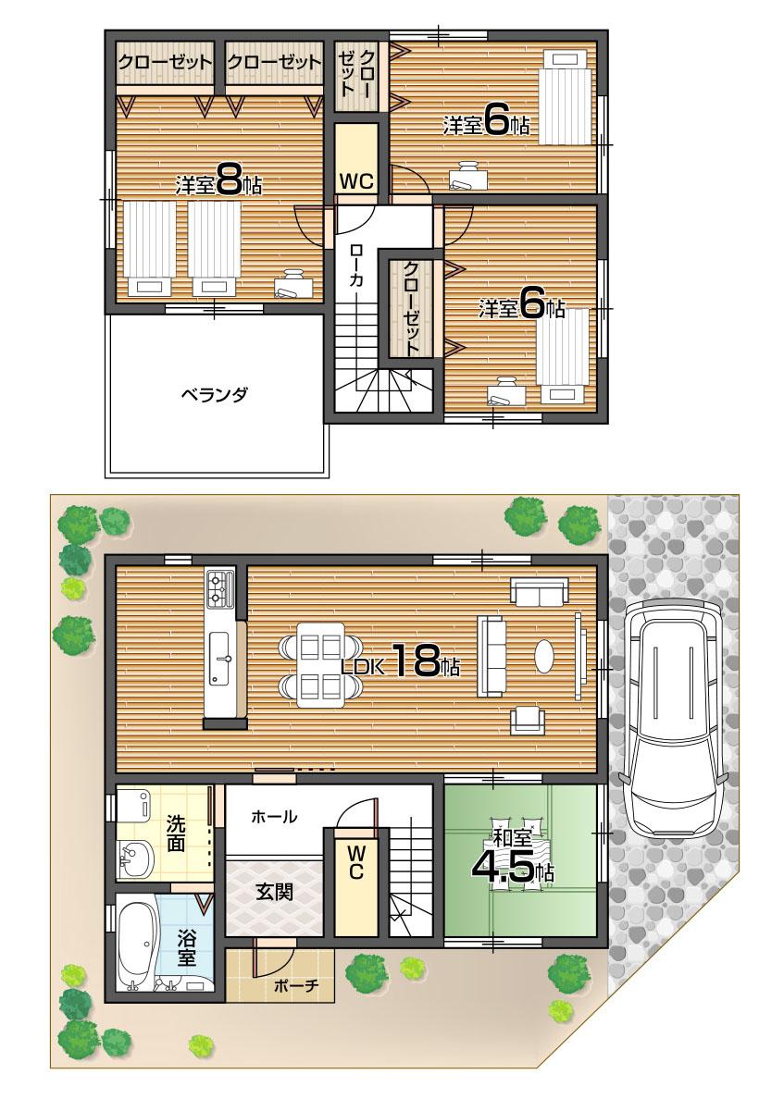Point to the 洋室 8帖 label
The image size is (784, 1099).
click(x=218, y=183)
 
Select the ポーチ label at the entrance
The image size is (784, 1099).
click(x=296, y=986)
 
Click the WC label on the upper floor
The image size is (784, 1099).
click(x=355, y=180)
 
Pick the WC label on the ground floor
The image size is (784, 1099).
click(x=356, y=862)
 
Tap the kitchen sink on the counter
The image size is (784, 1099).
click(x=221, y=659)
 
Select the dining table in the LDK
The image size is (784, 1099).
click(x=320, y=664)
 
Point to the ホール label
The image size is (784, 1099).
click(x=274, y=817)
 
